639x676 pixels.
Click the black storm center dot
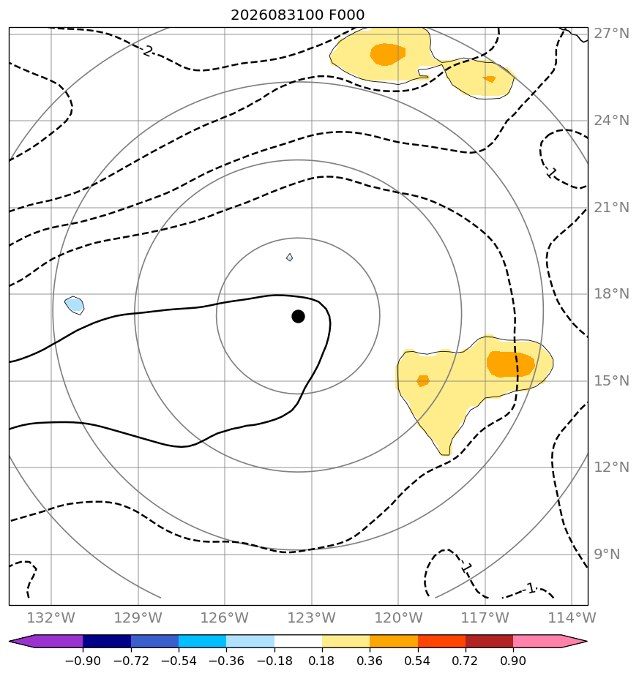(298, 317)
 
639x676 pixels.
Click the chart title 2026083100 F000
(298, 15)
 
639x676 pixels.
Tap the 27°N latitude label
(611, 34)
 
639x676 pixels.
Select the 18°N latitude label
(611, 294)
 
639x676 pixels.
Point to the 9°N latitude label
(607, 555)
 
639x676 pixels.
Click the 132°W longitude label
(51, 617)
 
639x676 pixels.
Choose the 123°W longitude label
(312, 617)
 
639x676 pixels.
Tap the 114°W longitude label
(572, 617)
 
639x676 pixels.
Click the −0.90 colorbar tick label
(83, 661)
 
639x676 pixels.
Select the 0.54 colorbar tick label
(417, 661)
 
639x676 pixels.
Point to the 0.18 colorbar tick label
(321, 661)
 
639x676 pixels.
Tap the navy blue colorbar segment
(107, 641)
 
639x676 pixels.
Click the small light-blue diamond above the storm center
(290, 258)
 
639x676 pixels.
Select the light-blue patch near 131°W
(75, 305)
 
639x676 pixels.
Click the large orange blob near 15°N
(510, 364)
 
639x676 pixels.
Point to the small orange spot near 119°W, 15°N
(423, 380)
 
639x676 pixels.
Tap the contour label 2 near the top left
(148, 51)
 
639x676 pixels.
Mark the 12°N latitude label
(611, 467)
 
